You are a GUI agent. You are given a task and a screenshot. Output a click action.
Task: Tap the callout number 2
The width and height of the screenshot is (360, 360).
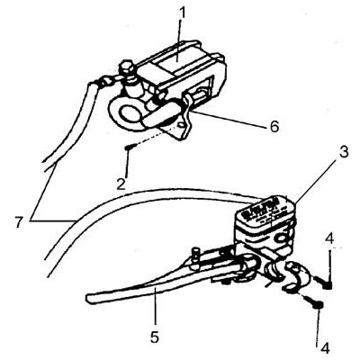click(x=121, y=184)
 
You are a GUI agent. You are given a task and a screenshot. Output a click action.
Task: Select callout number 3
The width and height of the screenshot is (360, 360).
click(x=344, y=152)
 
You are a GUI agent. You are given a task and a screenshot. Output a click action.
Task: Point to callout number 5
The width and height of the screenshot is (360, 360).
click(x=154, y=337)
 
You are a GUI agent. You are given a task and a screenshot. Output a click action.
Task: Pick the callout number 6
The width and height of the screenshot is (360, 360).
click(x=274, y=127)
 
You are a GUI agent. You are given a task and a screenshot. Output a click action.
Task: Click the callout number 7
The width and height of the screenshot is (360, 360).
click(x=19, y=222)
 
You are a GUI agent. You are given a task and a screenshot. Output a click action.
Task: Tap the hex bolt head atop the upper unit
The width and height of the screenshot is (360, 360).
click(x=127, y=68)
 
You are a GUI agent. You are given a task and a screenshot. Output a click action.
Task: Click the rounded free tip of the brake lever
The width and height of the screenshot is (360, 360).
click(x=89, y=298)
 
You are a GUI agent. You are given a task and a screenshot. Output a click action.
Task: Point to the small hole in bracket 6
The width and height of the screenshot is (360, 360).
click(x=180, y=124)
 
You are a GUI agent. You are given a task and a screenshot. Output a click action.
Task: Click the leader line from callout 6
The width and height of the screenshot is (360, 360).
click(x=229, y=120)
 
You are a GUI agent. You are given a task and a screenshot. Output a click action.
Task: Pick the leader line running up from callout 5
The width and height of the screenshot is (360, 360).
click(x=156, y=309)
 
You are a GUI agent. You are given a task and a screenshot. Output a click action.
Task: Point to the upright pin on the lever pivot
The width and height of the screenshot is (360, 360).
click(x=196, y=256)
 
